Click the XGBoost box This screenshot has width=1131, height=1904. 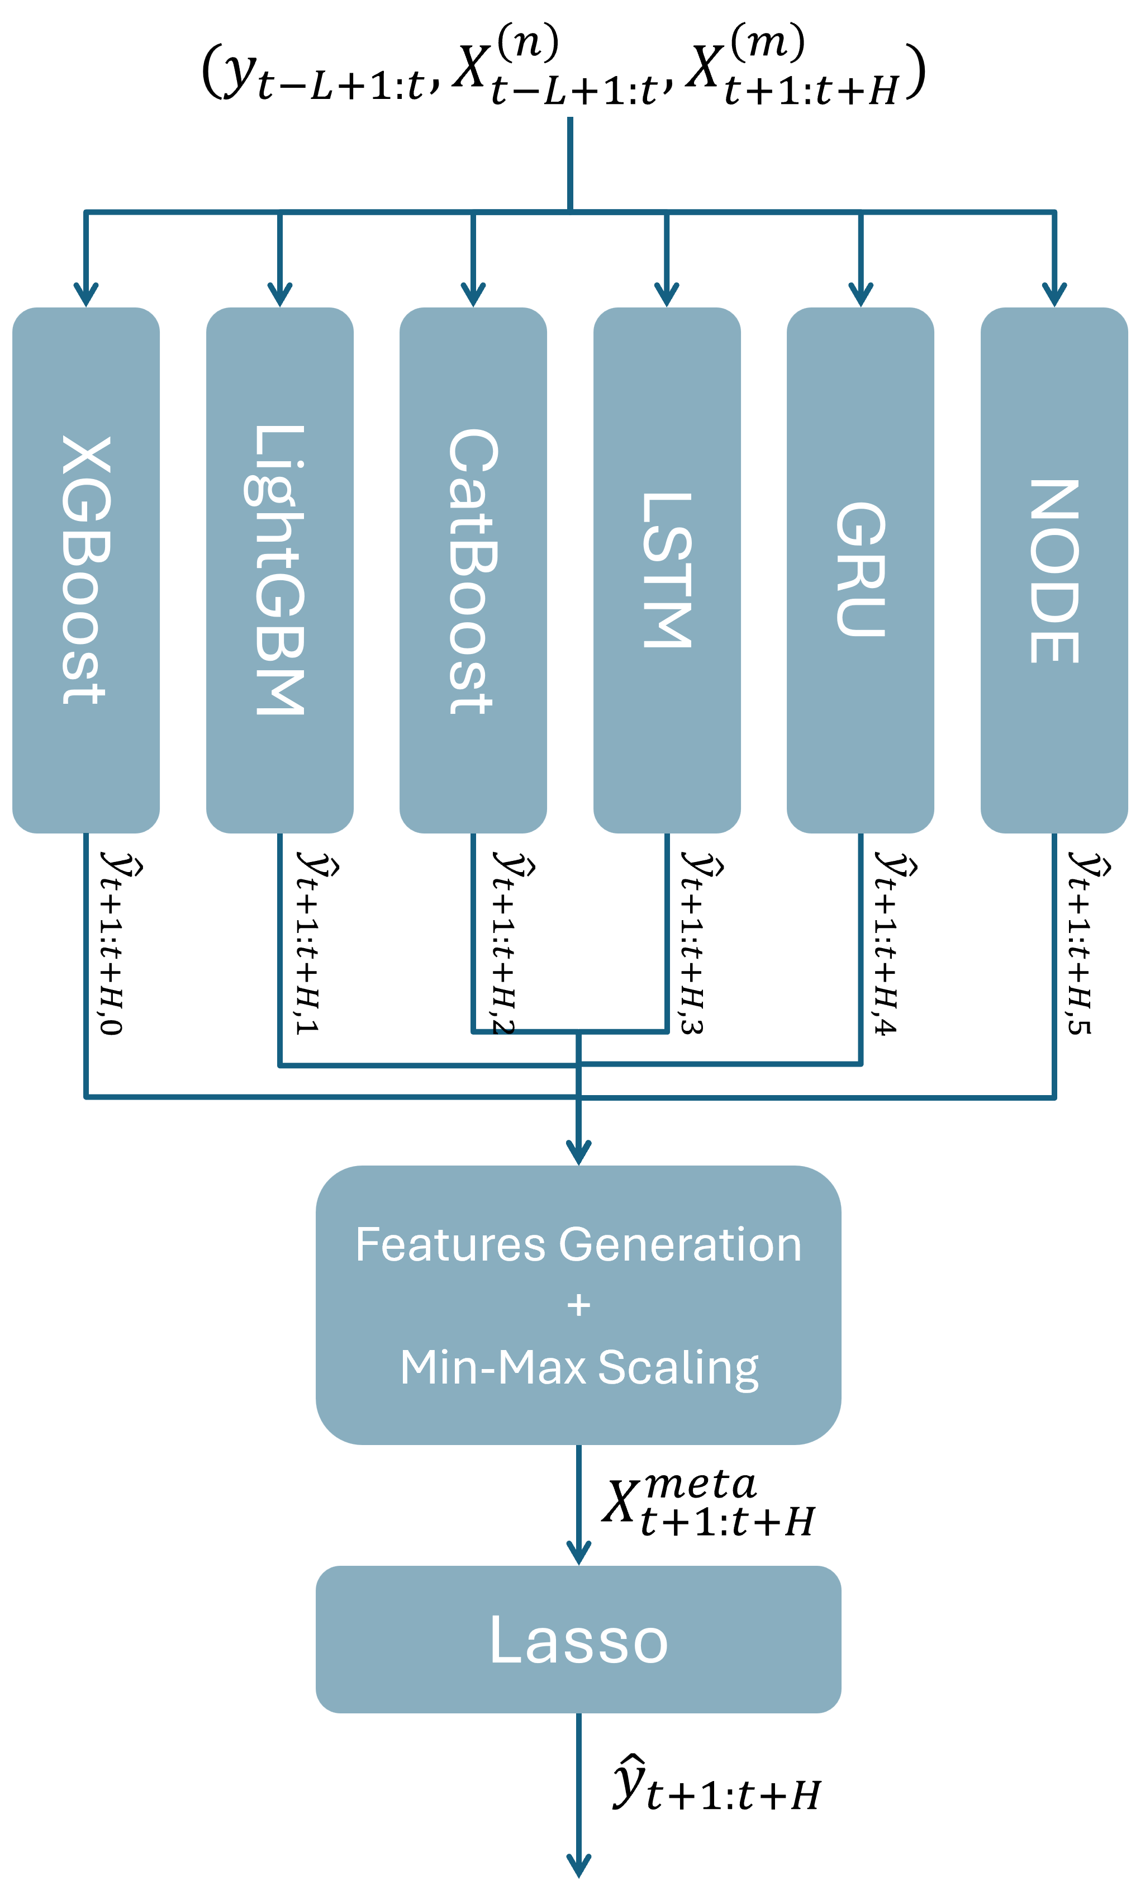86,570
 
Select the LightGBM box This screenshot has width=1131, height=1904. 280,570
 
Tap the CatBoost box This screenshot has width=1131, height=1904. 473,570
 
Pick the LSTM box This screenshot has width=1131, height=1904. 667,570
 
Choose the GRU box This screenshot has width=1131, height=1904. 861,570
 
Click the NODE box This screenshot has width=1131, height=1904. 1054,570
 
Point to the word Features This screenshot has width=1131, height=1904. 450,1245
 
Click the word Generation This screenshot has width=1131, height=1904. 680,1245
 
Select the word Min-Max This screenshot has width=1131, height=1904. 492,1367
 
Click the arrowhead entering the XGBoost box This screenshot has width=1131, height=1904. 86,296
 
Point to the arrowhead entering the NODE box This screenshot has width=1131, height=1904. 1054,296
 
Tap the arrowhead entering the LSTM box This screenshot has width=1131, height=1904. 667,296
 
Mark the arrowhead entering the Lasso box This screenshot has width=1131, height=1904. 578,1553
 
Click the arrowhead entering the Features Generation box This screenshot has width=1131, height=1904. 578,1153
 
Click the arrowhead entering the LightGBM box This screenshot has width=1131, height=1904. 280,296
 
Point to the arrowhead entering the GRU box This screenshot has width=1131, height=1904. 861,296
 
